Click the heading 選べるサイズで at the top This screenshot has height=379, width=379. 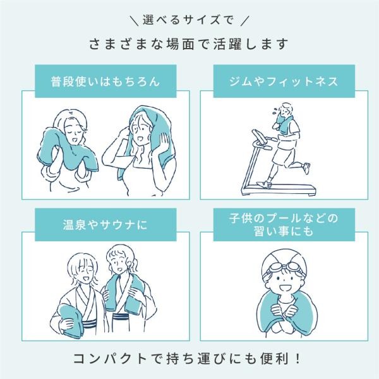(188, 20)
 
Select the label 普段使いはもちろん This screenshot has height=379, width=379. (105, 81)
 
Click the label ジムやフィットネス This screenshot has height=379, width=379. (284, 81)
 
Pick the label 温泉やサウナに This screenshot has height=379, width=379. (105, 224)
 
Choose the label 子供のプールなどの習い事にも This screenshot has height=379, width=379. (284, 224)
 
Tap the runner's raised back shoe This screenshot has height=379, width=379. (306, 168)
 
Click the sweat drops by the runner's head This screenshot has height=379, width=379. (275, 111)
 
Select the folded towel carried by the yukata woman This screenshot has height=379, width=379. (70, 320)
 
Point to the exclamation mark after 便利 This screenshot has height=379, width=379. (298, 359)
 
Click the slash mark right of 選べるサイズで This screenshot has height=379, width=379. (245, 20)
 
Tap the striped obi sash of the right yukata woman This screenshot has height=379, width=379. (124, 316)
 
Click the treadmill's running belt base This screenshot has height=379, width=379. (279, 189)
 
